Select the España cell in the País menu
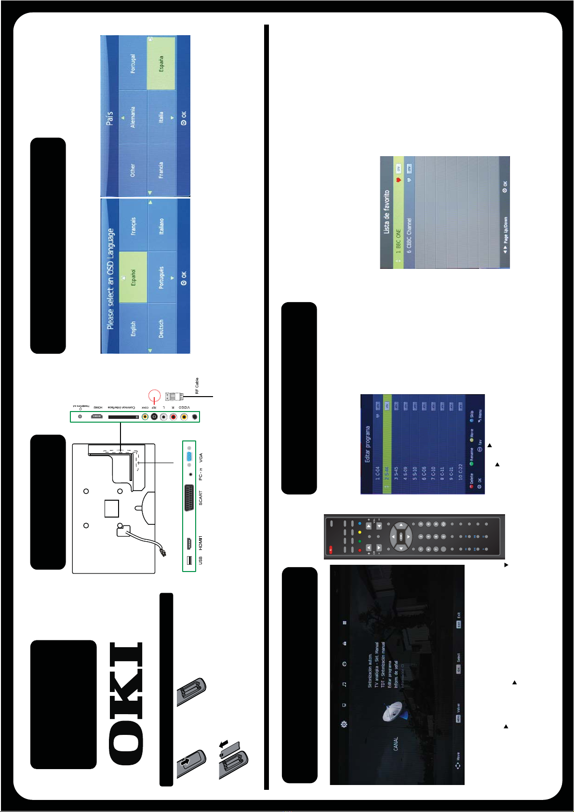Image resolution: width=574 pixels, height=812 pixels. pyautogui.click(x=161, y=63)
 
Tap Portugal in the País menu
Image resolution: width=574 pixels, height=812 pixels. pyautogui.click(x=133, y=63)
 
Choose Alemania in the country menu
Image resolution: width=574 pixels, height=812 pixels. pyautogui.click(x=133, y=117)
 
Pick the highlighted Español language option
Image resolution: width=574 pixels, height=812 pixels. pyautogui.click(x=133, y=277)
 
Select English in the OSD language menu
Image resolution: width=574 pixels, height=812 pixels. pyautogui.click(x=133, y=328)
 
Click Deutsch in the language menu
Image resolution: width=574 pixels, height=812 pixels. pyautogui.click(x=161, y=328)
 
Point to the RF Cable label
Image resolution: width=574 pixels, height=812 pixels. pyautogui.click(x=197, y=386)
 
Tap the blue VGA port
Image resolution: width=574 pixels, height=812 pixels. pyautogui.click(x=189, y=457)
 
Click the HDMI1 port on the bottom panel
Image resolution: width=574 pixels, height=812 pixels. pyautogui.click(x=189, y=543)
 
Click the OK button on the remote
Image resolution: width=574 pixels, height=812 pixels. pyautogui.click(x=401, y=536)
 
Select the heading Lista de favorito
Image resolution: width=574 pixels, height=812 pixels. pyautogui.click(x=387, y=212)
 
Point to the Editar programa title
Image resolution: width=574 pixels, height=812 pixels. pyautogui.click(x=367, y=444)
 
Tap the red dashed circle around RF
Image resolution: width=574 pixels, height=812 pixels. pyautogui.click(x=154, y=396)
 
